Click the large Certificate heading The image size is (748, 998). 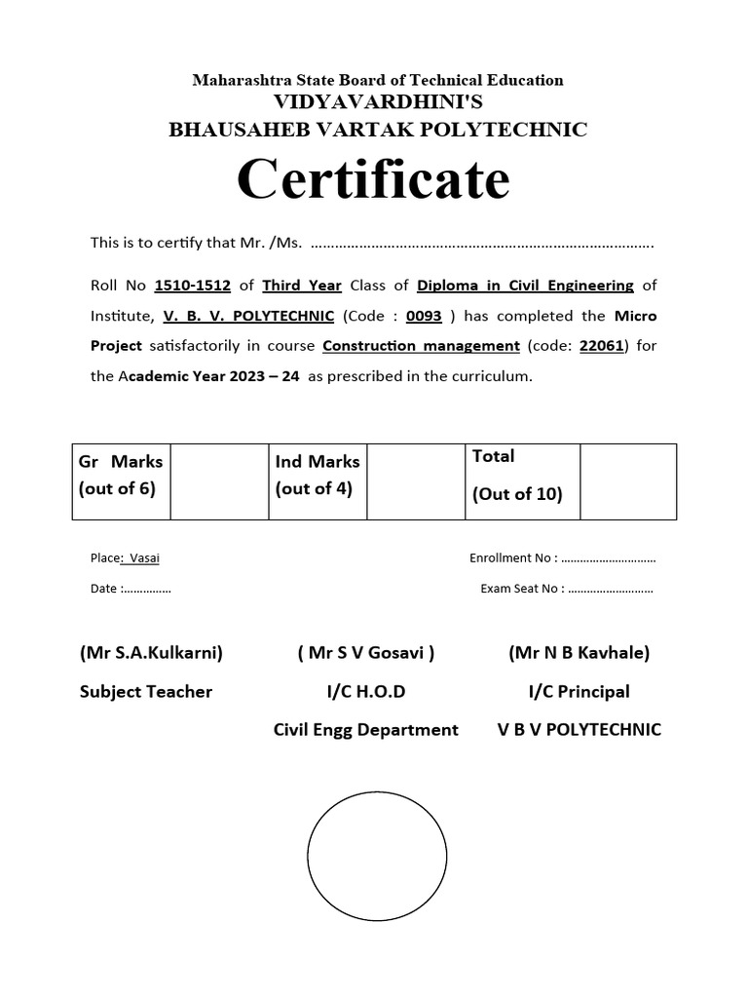click(x=373, y=179)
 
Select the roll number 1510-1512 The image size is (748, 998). click(x=193, y=286)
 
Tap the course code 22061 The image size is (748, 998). click(x=600, y=345)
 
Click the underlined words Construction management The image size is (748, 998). click(x=421, y=345)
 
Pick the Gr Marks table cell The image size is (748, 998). click(x=121, y=475)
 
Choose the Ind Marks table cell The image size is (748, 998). click(x=318, y=475)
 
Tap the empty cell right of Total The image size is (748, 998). click(x=628, y=481)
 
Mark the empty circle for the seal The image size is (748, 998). click(x=377, y=858)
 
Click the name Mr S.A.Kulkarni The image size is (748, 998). click(x=151, y=653)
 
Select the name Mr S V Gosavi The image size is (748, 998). click(x=366, y=653)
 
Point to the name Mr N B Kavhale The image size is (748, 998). click(x=579, y=653)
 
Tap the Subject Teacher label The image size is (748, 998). click(x=146, y=692)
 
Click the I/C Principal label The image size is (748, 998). click(x=579, y=692)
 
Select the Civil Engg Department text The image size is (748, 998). click(x=366, y=730)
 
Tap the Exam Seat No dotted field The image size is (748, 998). click(x=611, y=589)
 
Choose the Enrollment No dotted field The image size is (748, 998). click(x=609, y=558)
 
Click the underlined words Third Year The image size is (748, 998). click(x=302, y=286)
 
